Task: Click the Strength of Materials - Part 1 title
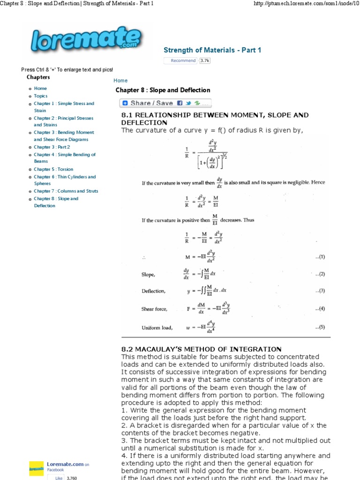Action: pyautogui.click(x=212, y=50)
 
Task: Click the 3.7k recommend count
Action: pyautogui.click(x=205, y=60)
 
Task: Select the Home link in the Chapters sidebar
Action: pyautogui.click(x=40, y=88)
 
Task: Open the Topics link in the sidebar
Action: pyautogui.click(x=41, y=96)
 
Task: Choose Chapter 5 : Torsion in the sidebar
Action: pyautogui.click(x=53, y=169)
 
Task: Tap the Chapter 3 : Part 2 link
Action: pyautogui.click(x=52, y=147)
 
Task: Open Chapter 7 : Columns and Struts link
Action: pyautogui.click(x=66, y=191)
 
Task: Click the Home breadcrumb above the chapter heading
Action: pyautogui.click(x=120, y=81)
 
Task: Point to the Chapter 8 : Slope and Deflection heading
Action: pyautogui.click(x=163, y=90)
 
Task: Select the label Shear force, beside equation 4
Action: pyautogui.click(x=154, y=309)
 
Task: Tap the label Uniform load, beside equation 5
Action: pyautogui.click(x=157, y=328)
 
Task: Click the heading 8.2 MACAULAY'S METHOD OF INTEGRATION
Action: pyautogui.click(x=201, y=349)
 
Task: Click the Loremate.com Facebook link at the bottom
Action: pyautogui.click(x=65, y=464)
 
